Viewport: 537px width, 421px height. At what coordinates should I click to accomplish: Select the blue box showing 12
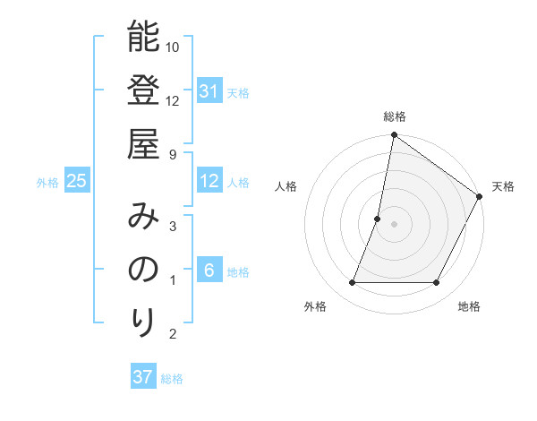(209, 181)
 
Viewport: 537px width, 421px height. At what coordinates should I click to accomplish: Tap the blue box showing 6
(209, 271)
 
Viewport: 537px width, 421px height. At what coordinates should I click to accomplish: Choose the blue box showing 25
(77, 181)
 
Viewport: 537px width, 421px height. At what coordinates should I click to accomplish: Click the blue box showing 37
(143, 377)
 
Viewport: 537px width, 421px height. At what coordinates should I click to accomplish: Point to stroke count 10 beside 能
(173, 47)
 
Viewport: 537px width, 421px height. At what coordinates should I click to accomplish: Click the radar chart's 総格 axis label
(394, 116)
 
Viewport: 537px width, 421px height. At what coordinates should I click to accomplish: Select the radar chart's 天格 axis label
(503, 186)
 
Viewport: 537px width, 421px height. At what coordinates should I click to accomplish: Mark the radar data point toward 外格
(352, 283)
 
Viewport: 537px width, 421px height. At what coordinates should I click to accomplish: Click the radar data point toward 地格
(437, 283)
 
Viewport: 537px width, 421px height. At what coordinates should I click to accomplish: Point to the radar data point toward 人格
(378, 219)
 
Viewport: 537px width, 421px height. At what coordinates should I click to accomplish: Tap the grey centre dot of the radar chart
(394, 224)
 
